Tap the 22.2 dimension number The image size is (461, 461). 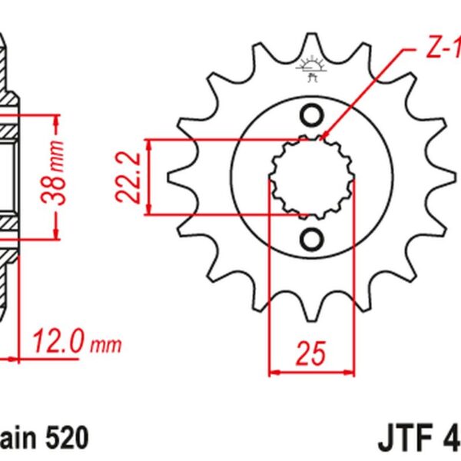[131, 177]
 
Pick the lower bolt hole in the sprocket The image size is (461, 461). [312, 240]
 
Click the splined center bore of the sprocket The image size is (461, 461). [312, 178]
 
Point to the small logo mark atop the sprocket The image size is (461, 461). [312, 68]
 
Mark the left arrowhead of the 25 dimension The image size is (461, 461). [272, 373]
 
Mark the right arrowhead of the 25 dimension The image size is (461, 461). [352, 373]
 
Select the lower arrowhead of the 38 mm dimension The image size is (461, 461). [55, 234]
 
